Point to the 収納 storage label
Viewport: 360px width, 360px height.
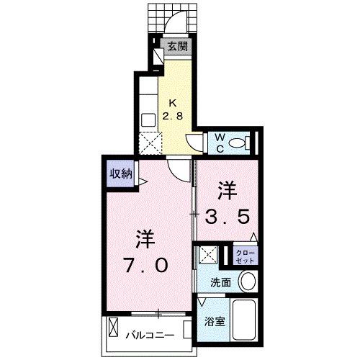(x=120, y=173)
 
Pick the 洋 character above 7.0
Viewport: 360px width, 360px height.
(x=145, y=237)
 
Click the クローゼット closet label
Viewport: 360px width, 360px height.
(x=244, y=256)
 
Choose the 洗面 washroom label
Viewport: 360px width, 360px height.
(x=221, y=283)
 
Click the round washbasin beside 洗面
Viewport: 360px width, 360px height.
(x=248, y=282)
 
